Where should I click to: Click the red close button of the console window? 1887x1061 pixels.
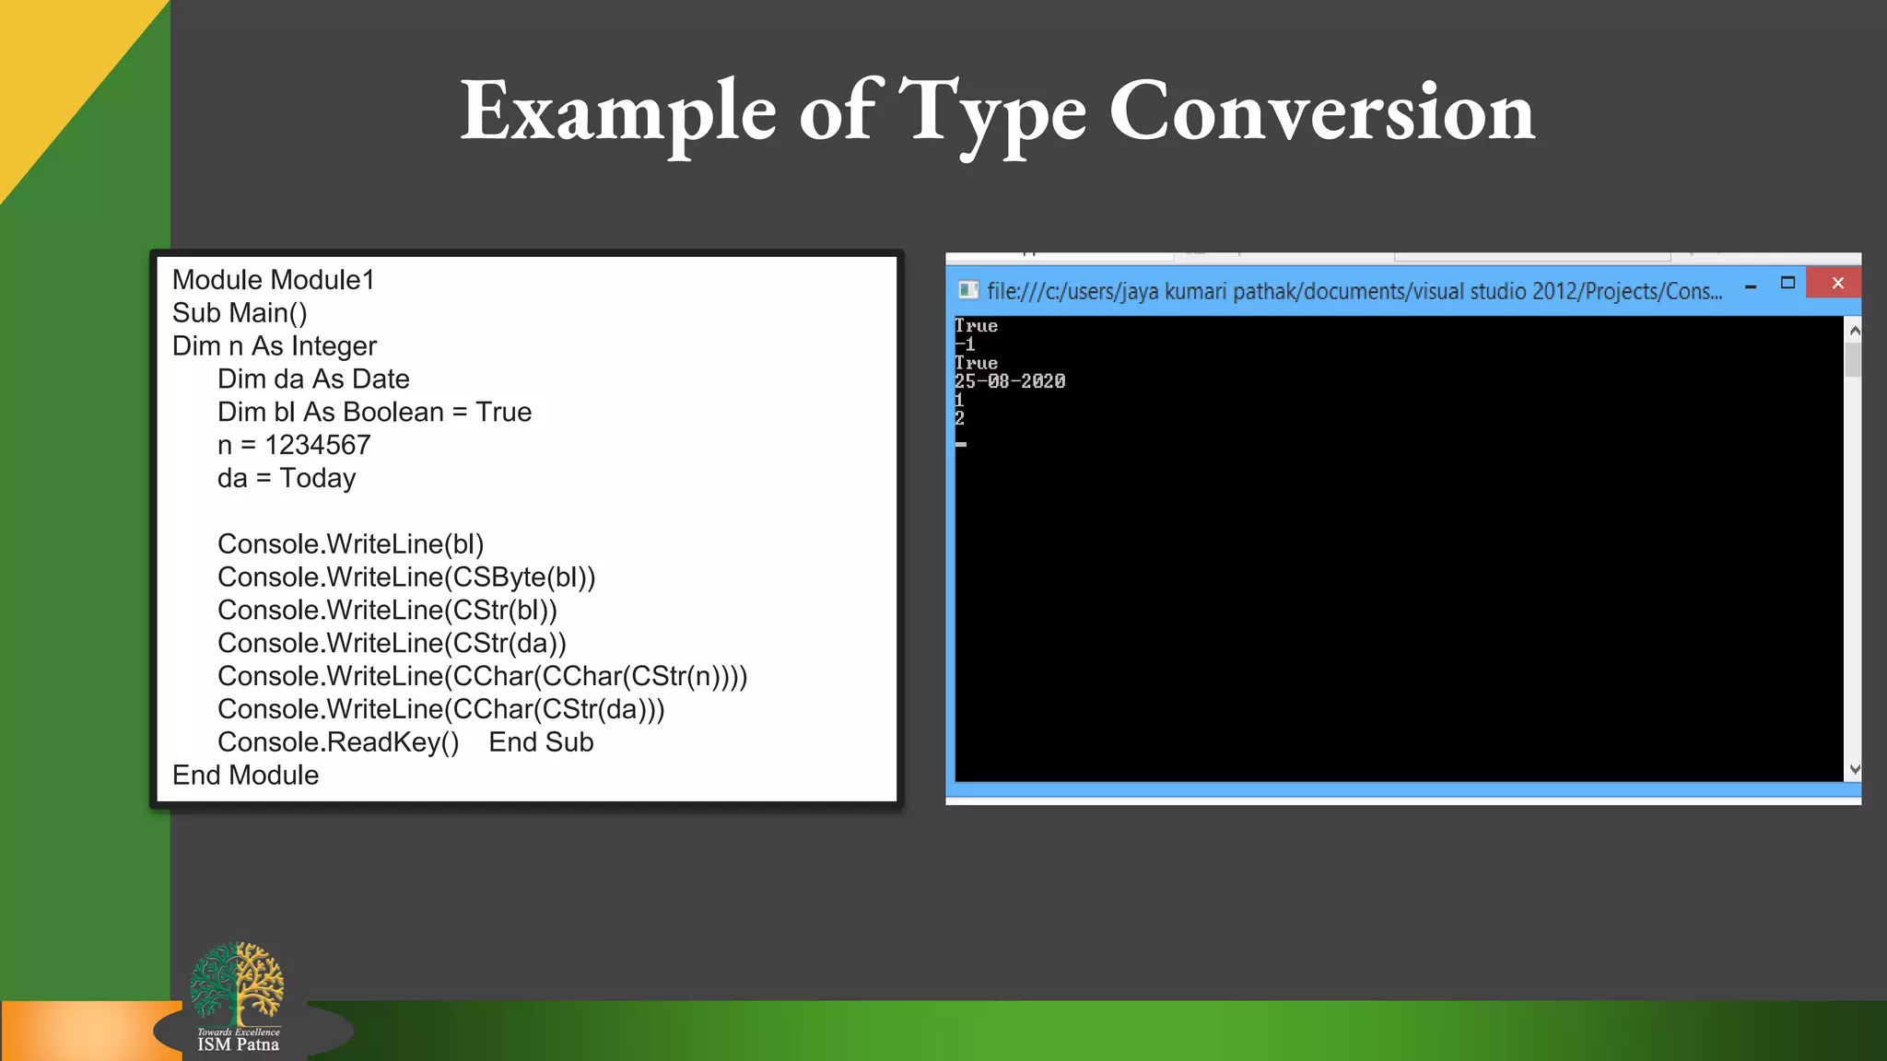(1837, 284)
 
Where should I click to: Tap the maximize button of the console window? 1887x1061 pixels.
(1787, 284)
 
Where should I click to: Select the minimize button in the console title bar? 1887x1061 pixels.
(1750, 286)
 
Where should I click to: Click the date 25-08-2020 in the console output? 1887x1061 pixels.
(1010, 381)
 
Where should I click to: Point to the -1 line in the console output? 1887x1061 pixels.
(965, 344)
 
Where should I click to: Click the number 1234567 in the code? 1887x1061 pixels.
(318, 445)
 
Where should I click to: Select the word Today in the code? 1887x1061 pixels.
(318, 478)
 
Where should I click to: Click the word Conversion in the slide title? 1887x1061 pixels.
(1321, 112)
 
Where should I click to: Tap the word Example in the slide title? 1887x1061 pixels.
(618, 112)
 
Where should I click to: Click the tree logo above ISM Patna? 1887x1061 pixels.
(237, 982)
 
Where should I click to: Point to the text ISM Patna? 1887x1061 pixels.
(238, 1044)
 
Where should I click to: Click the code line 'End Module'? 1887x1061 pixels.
(245, 775)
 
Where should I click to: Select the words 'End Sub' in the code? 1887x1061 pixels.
(541, 742)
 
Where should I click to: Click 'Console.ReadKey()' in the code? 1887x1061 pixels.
(338, 742)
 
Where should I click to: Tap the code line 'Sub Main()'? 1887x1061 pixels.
(240, 313)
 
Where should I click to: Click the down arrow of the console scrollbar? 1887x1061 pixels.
(1855, 769)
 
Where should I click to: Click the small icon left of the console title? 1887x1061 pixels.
(967, 290)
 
